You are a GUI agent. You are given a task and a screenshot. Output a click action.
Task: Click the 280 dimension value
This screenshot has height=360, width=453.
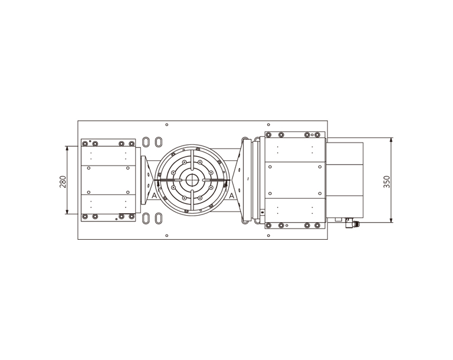[x=63, y=181]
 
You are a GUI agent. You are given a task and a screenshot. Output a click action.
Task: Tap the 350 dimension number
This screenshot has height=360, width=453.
[x=386, y=181]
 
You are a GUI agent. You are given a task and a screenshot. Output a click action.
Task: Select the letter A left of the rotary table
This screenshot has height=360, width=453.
[x=155, y=196]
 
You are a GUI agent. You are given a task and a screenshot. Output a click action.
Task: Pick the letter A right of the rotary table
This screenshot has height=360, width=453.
[x=232, y=196]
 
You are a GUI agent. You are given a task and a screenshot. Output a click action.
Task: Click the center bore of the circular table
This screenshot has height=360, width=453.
[x=191, y=180]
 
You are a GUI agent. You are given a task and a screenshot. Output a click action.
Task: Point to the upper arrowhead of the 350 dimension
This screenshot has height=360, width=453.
[x=391, y=141]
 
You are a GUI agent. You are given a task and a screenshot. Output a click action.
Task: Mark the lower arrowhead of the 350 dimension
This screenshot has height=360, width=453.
[x=391, y=220]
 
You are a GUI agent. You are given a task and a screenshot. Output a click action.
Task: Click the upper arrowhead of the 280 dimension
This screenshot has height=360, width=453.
[x=67, y=149]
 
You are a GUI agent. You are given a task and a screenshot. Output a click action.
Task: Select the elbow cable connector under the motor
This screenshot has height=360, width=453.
[x=351, y=223]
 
